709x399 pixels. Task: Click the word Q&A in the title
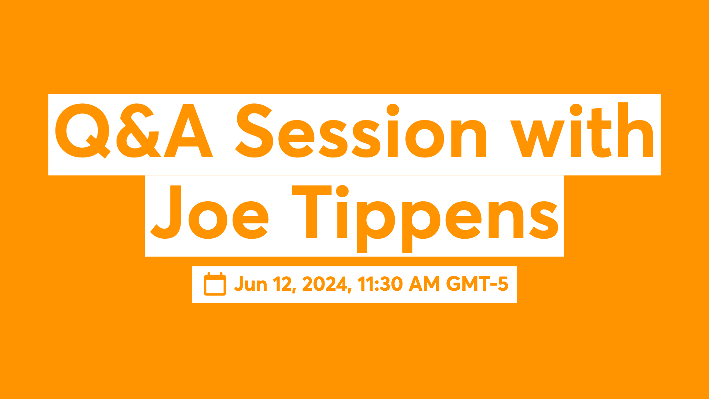click(134, 131)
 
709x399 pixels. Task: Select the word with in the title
click(582, 131)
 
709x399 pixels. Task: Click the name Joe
click(209, 212)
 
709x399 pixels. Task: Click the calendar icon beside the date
click(215, 284)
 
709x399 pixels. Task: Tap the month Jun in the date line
click(251, 284)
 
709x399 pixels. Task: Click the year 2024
click(325, 284)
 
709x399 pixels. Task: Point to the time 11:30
click(380, 284)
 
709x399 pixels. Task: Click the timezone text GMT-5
click(477, 284)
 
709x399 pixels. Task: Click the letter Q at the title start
click(82, 131)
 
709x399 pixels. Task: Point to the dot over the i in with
click(576, 110)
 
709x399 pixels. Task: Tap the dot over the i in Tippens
click(342, 191)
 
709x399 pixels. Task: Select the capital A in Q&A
click(188, 131)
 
